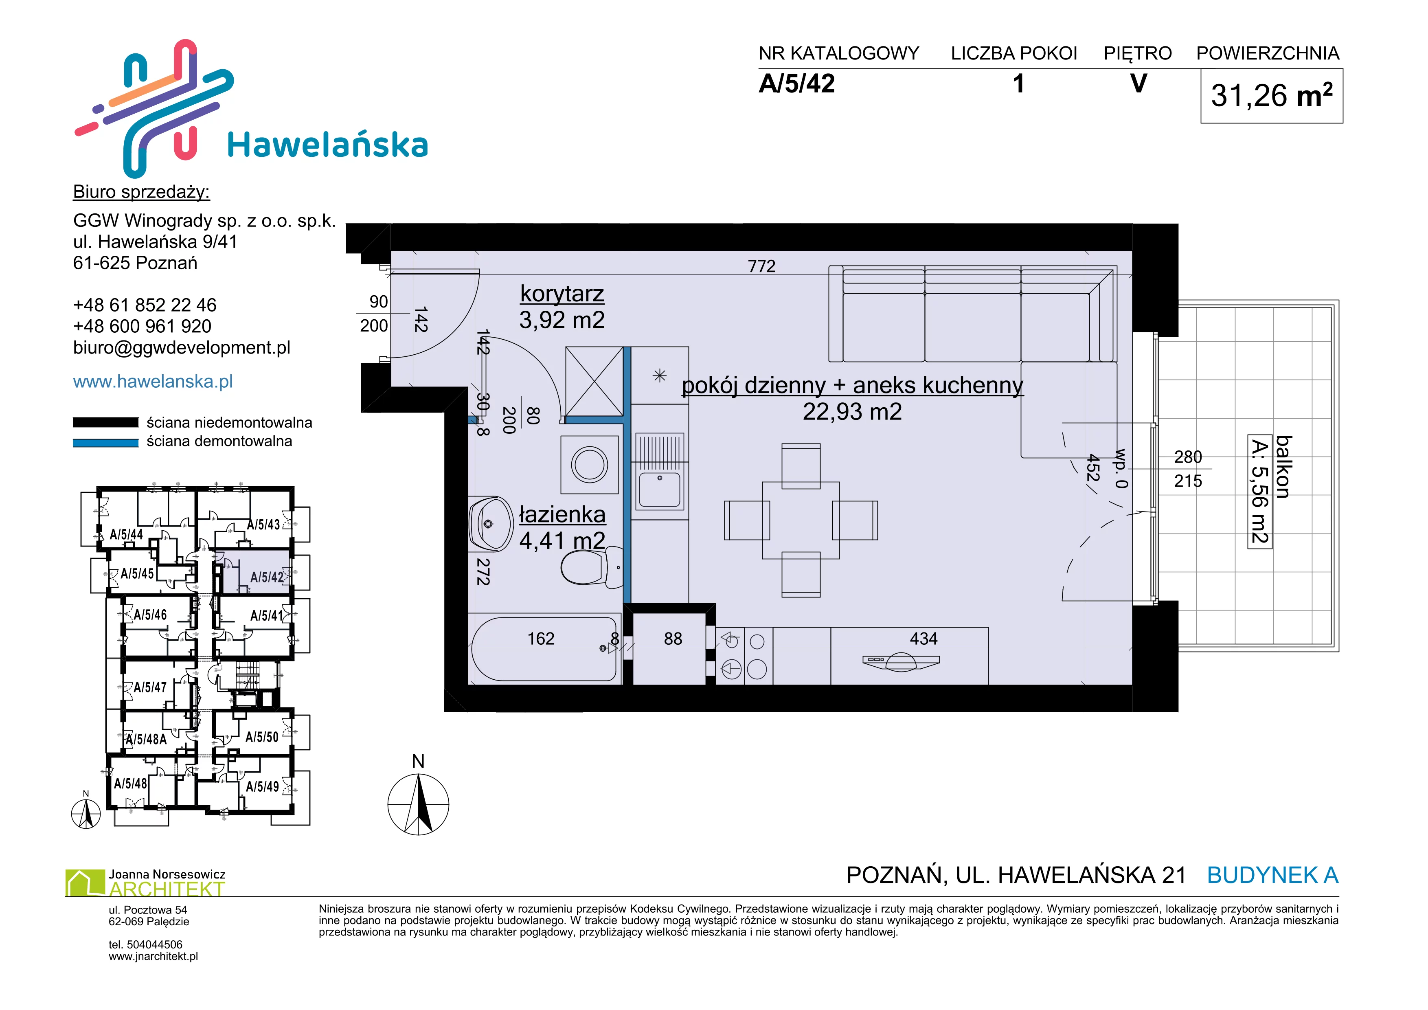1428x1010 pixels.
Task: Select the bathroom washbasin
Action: pyautogui.click(x=491, y=524)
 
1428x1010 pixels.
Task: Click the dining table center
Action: pyautogui.click(x=801, y=520)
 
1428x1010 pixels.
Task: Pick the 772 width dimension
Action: pyautogui.click(x=761, y=266)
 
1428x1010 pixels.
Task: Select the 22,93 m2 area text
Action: pyautogui.click(x=852, y=412)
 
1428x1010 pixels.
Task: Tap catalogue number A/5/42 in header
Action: pyautogui.click(x=797, y=83)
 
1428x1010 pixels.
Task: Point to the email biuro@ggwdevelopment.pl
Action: pyautogui.click(x=182, y=348)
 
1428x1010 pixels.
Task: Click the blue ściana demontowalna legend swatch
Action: pyautogui.click(x=106, y=443)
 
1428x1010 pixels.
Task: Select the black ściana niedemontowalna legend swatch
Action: pyautogui.click(x=106, y=422)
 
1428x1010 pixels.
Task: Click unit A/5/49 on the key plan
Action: pyautogui.click(x=263, y=787)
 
